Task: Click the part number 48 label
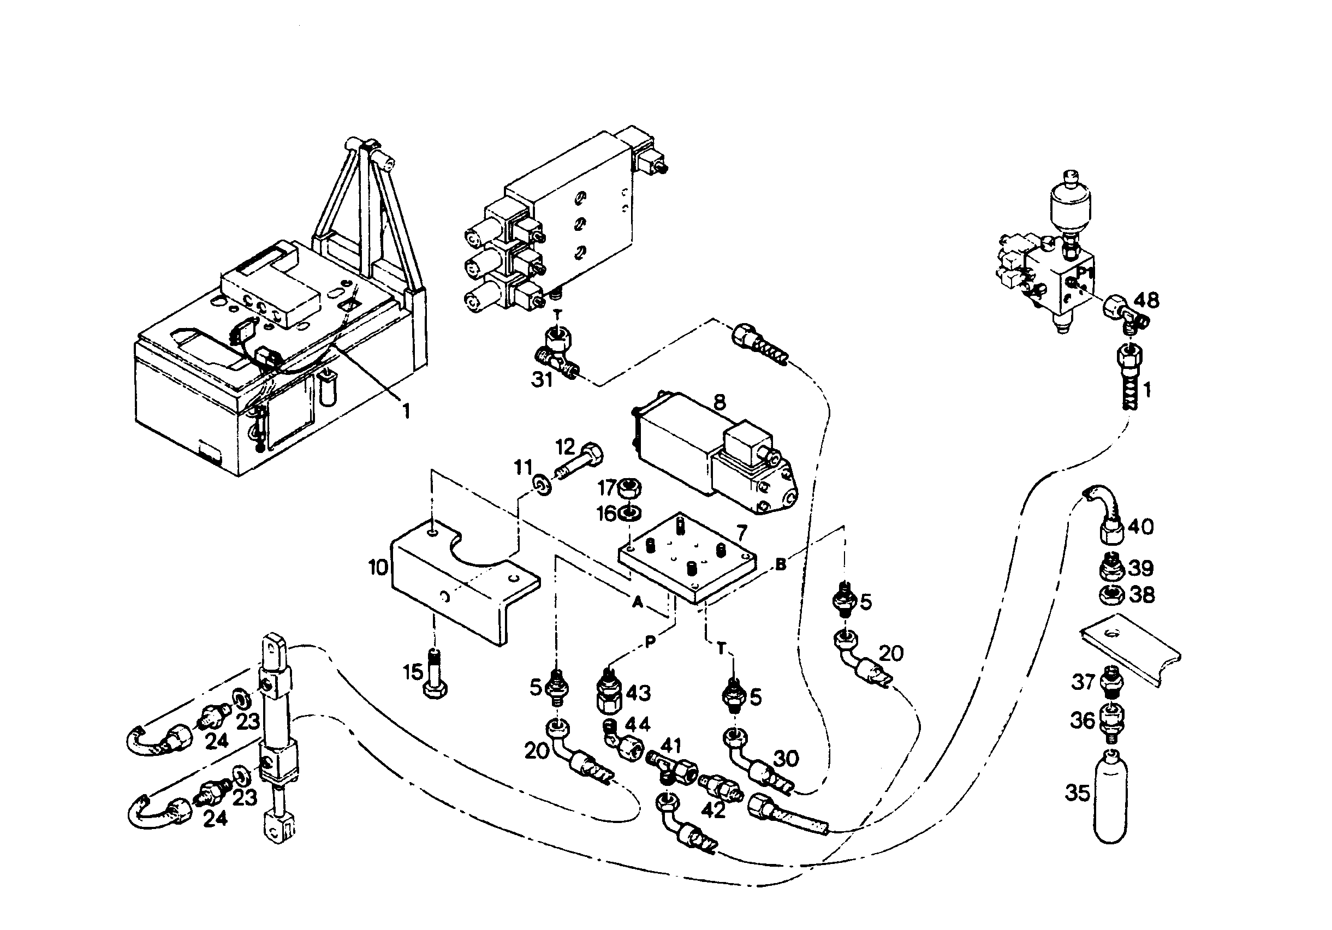(x=1146, y=300)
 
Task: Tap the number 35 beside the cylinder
(x=1078, y=792)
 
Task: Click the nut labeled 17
(x=629, y=489)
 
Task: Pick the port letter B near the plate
(x=781, y=563)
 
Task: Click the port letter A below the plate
(x=638, y=603)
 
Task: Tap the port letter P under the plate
(x=650, y=641)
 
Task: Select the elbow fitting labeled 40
(x=1104, y=516)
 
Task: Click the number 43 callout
(x=638, y=693)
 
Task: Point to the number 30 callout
(x=786, y=758)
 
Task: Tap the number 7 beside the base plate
(x=741, y=532)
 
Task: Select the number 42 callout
(x=713, y=810)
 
